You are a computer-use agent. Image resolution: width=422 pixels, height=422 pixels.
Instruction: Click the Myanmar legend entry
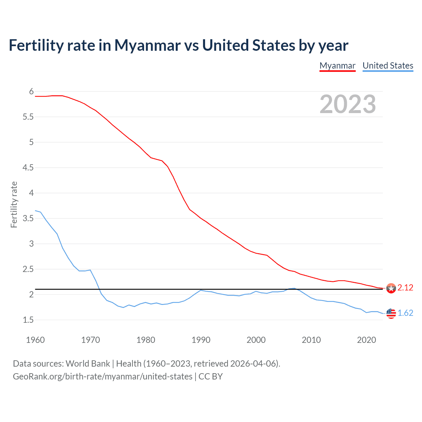[x=337, y=66]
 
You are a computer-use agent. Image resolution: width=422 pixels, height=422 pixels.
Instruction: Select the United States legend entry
[x=388, y=66]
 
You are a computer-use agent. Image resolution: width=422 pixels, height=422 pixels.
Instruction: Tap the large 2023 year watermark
[x=347, y=104]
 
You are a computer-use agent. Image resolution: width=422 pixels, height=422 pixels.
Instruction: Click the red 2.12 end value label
[x=405, y=288]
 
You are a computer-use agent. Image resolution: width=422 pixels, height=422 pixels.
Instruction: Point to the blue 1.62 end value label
[x=405, y=313]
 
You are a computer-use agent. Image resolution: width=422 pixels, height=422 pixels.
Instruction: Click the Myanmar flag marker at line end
[x=391, y=288]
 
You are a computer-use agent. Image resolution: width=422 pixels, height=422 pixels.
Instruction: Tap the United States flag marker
[x=391, y=313]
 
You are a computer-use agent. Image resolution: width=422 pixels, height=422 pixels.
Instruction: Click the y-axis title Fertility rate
[x=14, y=204]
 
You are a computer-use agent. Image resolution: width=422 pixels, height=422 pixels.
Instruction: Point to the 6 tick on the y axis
[x=31, y=91]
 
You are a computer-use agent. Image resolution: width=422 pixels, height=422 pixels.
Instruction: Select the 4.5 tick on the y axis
[x=28, y=167]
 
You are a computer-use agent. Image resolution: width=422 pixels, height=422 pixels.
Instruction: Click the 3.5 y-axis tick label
[x=28, y=218]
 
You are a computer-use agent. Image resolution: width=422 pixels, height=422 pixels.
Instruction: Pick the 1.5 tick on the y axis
[x=28, y=320]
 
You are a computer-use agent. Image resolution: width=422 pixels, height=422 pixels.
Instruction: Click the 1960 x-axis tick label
[x=35, y=340]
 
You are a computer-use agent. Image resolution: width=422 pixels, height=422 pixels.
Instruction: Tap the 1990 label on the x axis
[x=201, y=340]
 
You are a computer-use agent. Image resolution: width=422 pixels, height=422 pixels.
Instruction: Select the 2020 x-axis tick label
[x=366, y=340]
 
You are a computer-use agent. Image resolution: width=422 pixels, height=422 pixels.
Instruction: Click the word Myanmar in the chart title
[x=147, y=45]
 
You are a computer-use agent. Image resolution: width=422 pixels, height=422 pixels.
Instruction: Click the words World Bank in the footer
[x=88, y=364]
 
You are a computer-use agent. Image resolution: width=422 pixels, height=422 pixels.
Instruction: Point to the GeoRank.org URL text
[x=103, y=377]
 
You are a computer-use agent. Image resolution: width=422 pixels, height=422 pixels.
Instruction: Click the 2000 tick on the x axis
[x=256, y=340]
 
